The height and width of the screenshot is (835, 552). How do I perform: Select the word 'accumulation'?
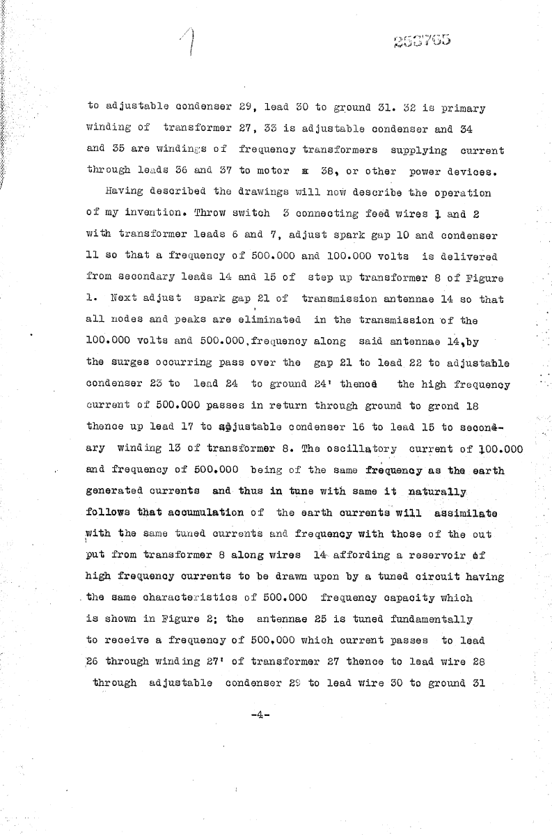(x=205, y=513)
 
